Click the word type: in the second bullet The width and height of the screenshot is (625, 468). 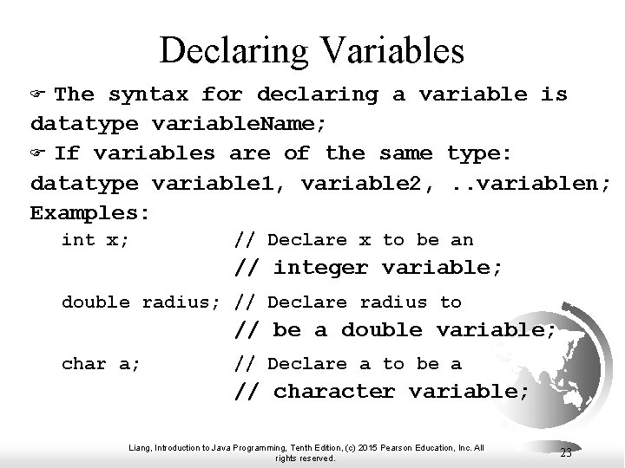point(479,154)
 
